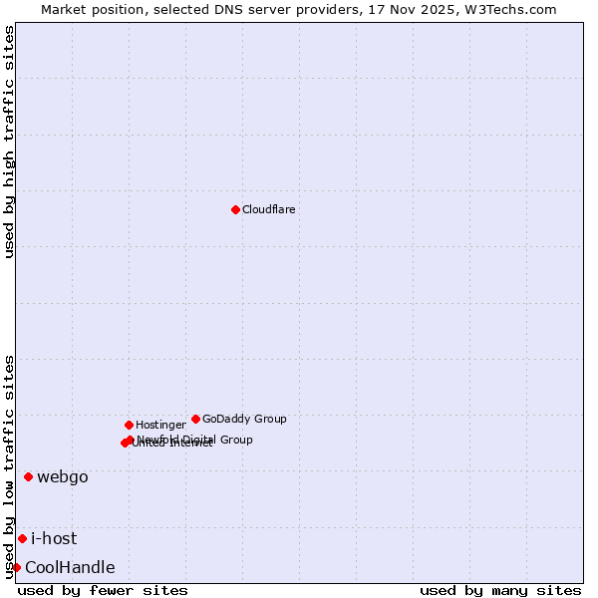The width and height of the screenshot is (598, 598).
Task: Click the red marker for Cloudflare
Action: pyautogui.click(x=235, y=209)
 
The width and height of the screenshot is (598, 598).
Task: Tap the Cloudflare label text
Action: pyautogui.click(x=269, y=209)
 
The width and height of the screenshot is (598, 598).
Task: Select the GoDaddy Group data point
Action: pyautogui.click(x=195, y=419)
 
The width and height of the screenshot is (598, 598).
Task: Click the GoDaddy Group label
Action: pyautogui.click(x=244, y=419)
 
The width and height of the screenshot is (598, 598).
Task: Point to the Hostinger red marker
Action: pyautogui.click(x=129, y=425)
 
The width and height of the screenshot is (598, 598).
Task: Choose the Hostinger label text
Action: pyautogui.click(x=160, y=425)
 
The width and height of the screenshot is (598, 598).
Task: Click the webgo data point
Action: pyautogui.click(x=28, y=476)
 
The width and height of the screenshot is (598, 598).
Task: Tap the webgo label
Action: pyautogui.click(x=63, y=476)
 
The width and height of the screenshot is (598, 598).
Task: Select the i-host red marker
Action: pyautogui.click(x=22, y=538)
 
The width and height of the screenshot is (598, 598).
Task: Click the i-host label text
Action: pyautogui.click(x=54, y=538)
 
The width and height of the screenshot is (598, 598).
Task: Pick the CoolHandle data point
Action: pyautogui.click(x=16, y=567)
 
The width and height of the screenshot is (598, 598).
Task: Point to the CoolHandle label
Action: pyautogui.click(x=70, y=567)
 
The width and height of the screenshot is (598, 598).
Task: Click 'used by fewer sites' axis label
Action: pyautogui.click(x=103, y=590)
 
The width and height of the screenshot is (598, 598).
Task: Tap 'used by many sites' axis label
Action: pyautogui.click(x=500, y=590)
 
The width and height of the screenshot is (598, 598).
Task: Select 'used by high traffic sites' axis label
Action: pyautogui.click(x=9, y=142)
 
